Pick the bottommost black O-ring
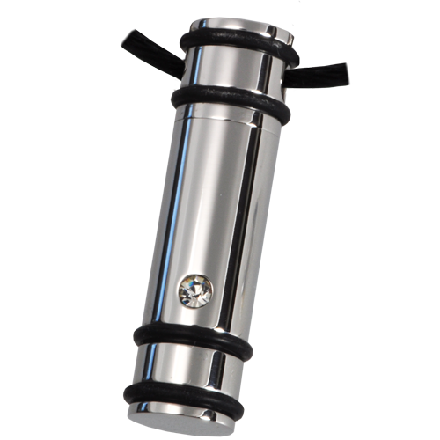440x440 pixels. click(x=180, y=396)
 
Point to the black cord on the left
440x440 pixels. click(x=145, y=44)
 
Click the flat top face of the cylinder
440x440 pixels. click(x=238, y=22)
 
